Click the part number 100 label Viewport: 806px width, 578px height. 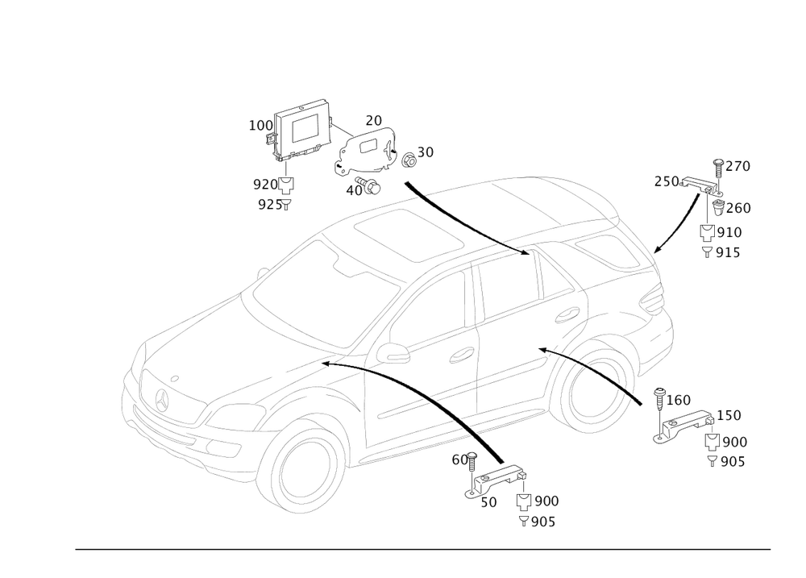[260, 126]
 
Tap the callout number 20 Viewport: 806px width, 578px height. [373, 120]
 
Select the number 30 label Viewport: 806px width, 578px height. [425, 152]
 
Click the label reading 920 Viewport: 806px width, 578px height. [264, 183]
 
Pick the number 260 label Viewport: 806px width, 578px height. [740, 208]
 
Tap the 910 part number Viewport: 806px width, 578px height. [729, 232]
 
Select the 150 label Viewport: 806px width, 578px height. [729, 414]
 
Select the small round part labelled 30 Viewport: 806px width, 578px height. [408, 159]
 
